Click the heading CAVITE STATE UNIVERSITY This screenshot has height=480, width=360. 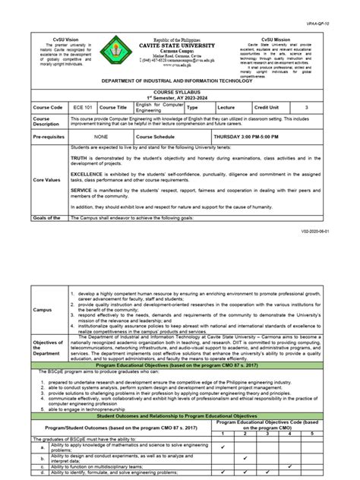(182, 44)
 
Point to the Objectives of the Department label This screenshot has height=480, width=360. (48, 348)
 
